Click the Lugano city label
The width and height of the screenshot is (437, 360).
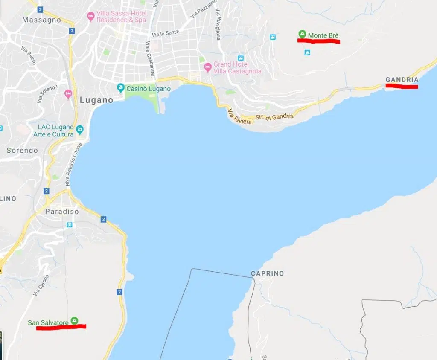click(x=96, y=100)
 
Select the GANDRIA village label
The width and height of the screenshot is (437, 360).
click(x=402, y=80)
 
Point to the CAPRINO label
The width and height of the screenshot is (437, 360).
click(x=267, y=273)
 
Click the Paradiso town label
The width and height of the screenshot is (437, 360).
click(x=62, y=212)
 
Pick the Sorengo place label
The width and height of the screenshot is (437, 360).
click(x=22, y=151)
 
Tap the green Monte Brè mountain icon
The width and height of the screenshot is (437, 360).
click(x=302, y=34)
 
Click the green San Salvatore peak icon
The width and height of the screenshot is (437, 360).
click(x=75, y=320)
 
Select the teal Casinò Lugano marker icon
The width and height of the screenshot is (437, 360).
click(x=121, y=88)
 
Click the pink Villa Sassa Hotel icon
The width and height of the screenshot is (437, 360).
click(x=90, y=17)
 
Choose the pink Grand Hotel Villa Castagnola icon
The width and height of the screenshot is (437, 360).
click(x=208, y=67)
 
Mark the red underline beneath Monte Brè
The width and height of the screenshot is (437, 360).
click(x=319, y=41)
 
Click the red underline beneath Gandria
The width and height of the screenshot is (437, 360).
click(x=401, y=87)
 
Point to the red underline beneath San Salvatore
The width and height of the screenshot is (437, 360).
click(x=61, y=327)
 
